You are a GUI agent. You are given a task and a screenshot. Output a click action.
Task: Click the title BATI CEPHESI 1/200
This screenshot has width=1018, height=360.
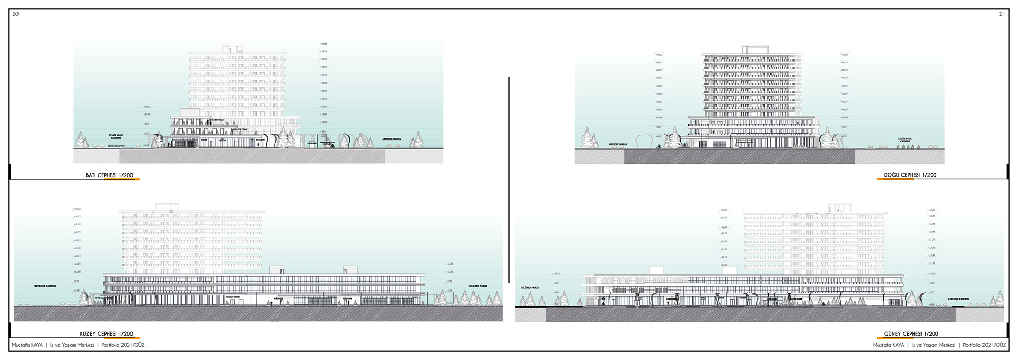109,175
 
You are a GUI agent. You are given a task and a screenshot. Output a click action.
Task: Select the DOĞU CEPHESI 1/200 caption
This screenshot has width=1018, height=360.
910,175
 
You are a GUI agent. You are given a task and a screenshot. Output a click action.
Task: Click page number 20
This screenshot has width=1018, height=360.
15,14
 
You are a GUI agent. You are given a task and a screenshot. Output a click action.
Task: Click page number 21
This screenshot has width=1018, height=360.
1002,14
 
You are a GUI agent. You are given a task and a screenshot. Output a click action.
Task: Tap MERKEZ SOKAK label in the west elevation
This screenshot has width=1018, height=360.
391,139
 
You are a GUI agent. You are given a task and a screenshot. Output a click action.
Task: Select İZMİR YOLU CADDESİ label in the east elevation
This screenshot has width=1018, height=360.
905,140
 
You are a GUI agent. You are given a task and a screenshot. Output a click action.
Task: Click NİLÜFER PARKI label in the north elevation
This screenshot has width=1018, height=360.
478,286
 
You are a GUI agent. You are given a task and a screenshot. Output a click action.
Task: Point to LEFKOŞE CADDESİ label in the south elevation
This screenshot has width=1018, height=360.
958,299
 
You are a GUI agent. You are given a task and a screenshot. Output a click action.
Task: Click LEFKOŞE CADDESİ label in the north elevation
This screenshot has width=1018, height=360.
45,286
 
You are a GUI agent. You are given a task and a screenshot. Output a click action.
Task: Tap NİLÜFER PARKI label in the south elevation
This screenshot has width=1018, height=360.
530,287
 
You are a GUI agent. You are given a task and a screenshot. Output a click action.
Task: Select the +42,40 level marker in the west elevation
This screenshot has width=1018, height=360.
323,44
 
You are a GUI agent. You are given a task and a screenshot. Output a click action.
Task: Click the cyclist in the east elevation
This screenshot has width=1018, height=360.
658,147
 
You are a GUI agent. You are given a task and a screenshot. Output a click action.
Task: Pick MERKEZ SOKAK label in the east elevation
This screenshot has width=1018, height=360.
618,144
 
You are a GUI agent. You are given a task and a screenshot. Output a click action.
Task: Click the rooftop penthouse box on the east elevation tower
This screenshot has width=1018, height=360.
754,50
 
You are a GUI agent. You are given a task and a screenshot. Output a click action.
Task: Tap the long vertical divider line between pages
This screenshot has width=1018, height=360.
509,180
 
